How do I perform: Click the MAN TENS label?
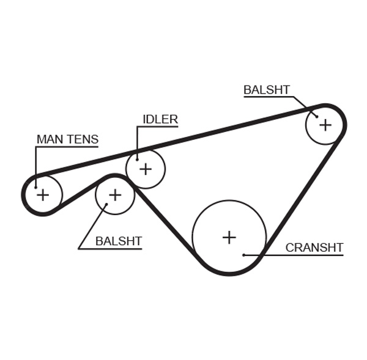pyautogui.click(x=67, y=139)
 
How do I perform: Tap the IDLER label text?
pyautogui.click(x=160, y=119)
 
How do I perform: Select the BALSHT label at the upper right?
pyautogui.click(x=266, y=90)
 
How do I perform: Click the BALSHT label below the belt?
pyautogui.click(x=118, y=241)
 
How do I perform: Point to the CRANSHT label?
pyautogui.click(x=314, y=248)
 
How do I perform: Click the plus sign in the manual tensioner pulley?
pyautogui.click(x=43, y=195)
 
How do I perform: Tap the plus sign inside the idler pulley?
pyautogui.click(x=145, y=168)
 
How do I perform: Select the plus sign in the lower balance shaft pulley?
pyautogui.click(x=114, y=195)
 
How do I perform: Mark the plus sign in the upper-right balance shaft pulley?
pyautogui.click(x=325, y=125)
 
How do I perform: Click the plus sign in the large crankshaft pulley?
pyautogui.click(x=229, y=237)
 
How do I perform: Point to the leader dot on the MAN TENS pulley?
pyautogui.click(x=35, y=187)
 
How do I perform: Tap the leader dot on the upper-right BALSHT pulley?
pyautogui.click(x=317, y=116)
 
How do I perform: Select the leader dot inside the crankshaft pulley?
pyautogui.click(x=243, y=255)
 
